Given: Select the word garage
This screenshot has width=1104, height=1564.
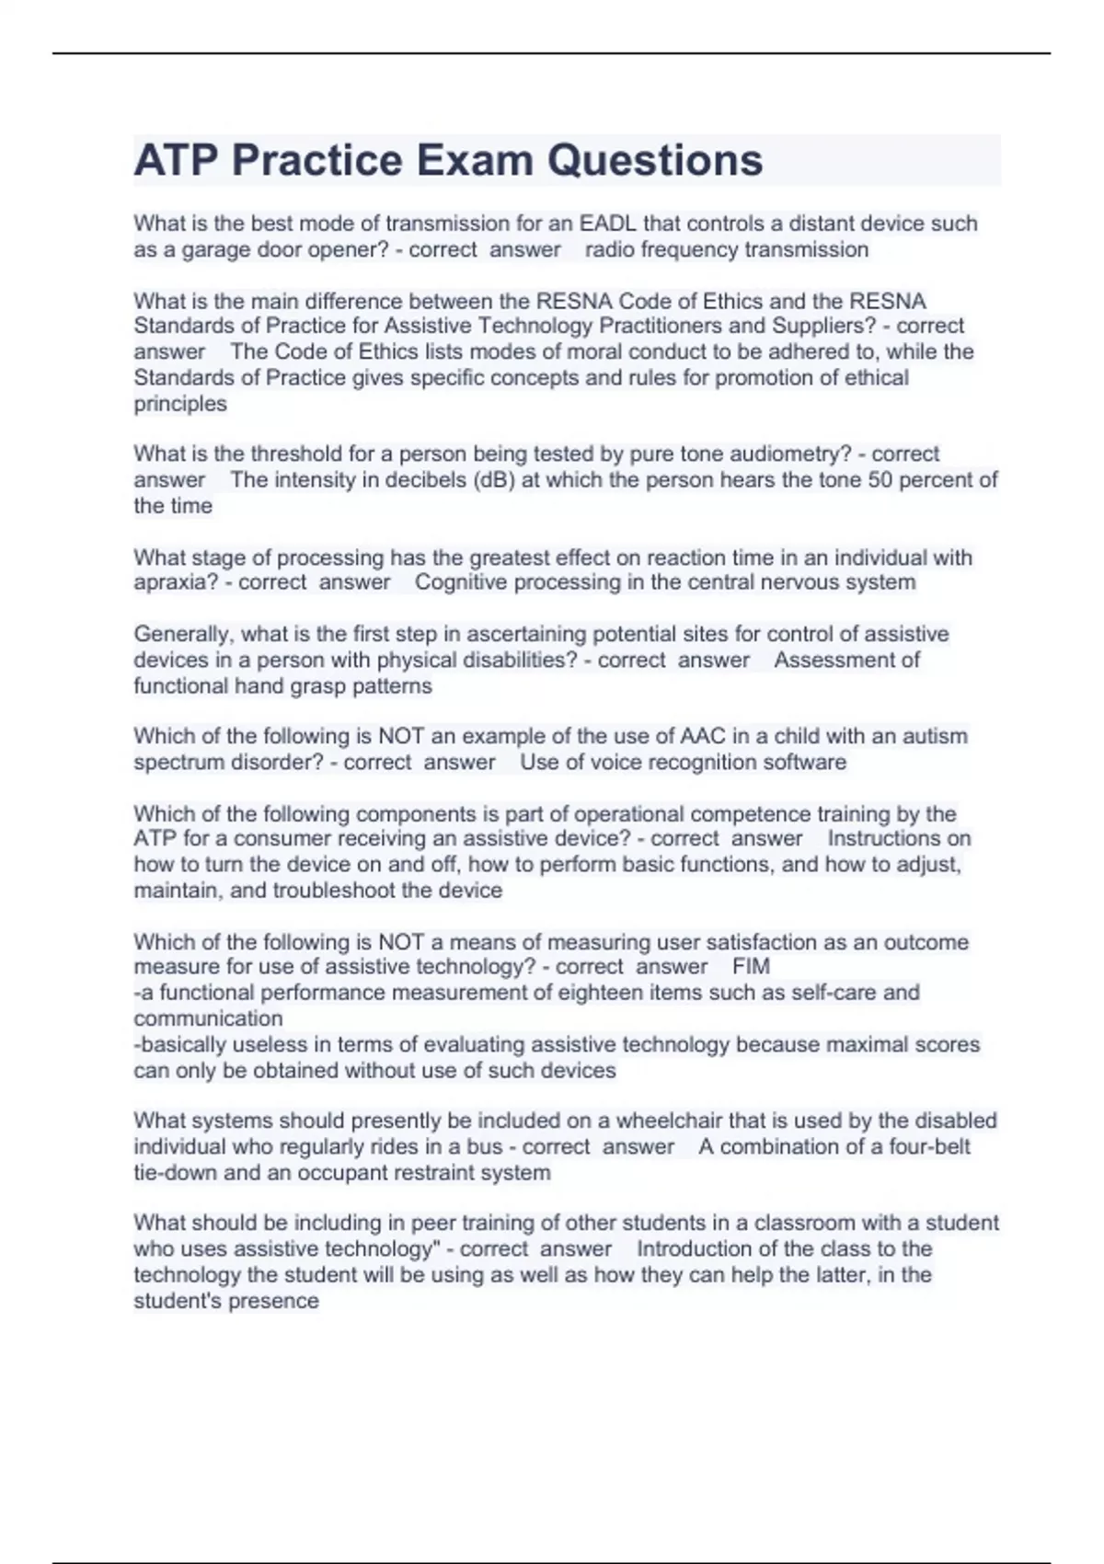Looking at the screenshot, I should point(214,249).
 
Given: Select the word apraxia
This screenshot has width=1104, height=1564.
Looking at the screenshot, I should point(176,582).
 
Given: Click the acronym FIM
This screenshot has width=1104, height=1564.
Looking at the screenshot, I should point(751,966).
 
